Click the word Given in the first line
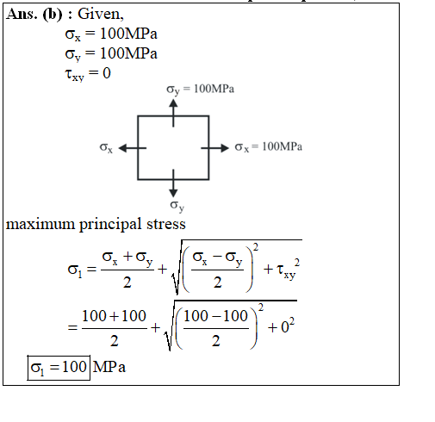coord(99,14)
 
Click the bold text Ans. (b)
coord(34,15)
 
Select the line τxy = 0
coord(88,74)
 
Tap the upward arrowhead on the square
coord(173,103)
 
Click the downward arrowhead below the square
coord(173,193)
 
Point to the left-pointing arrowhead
coord(122,148)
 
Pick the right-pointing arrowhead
coord(225,148)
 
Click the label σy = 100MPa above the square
coord(201,90)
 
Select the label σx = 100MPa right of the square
coord(269,147)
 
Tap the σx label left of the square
coord(106,148)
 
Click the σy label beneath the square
coord(177,206)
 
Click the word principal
coord(110,225)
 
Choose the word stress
coord(166,224)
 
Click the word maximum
coord(40,225)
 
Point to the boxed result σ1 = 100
coord(59,368)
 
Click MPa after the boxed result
coord(109,367)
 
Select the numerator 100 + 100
coord(114,316)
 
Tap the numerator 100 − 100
coord(215,316)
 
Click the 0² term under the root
coord(288,326)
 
